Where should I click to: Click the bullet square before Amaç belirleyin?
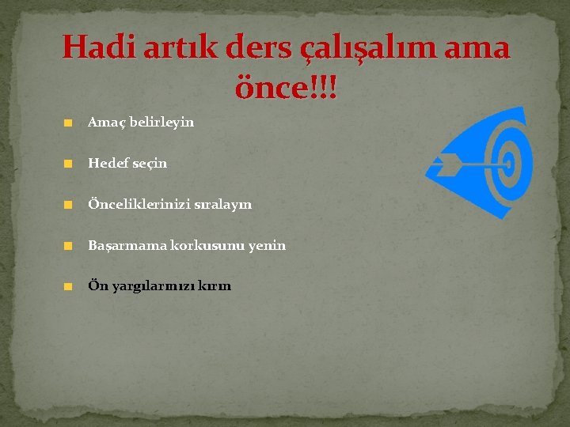(69, 123)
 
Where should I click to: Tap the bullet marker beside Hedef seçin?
(69, 164)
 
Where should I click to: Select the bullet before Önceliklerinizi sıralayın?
(69, 205)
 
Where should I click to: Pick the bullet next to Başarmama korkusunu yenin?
(69, 246)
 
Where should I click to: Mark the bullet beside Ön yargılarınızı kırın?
(69, 287)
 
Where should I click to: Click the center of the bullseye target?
(507, 164)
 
